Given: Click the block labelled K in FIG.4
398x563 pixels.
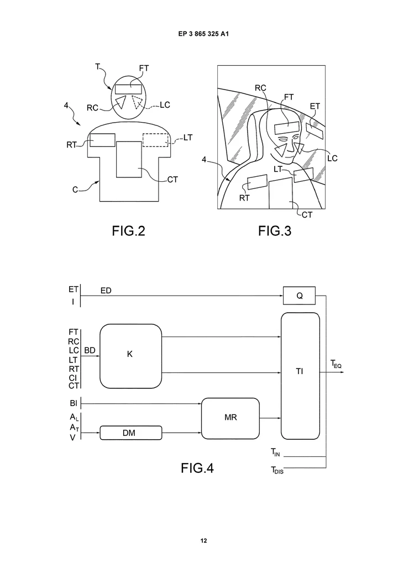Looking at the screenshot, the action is pyautogui.click(x=130, y=356).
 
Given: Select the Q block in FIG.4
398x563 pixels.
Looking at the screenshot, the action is pyautogui.click(x=299, y=296).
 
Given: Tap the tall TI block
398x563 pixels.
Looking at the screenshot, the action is pyautogui.click(x=300, y=376).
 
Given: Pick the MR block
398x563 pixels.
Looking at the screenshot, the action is pyautogui.click(x=231, y=418).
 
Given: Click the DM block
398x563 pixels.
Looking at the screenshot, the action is pyautogui.click(x=131, y=433).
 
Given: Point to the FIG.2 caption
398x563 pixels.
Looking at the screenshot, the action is pyautogui.click(x=128, y=231).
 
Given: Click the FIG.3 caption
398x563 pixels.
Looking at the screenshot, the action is pyautogui.click(x=274, y=231).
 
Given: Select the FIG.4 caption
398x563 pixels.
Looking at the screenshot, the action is pyautogui.click(x=197, y=468).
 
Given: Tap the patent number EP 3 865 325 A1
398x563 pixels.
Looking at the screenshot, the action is pyautogui.click(x=203, y=34).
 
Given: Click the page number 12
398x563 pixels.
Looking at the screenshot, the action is pyautogui.click(x=203, y=541).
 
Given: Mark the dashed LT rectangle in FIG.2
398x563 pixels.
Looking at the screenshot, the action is pyautogui.click(x=155, y=140).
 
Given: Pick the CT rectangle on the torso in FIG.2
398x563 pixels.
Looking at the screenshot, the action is pyautogui.click(x=129, y=160).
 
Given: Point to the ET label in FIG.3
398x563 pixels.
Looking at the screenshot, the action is pyautogui.click(x=315, y=106).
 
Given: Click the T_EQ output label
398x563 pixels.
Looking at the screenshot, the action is pyautogui.click(x=336, y=364).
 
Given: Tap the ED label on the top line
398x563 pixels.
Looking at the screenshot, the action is pyautogui.click(x=106, y=291).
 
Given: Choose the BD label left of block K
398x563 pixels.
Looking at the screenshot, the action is pyautogui.click(x=90, y=350).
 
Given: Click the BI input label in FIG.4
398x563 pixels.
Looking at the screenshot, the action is pyautogui.click(x=74, y=403).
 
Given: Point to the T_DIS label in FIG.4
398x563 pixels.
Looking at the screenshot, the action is pyautogui.click(x=277, y=470).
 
